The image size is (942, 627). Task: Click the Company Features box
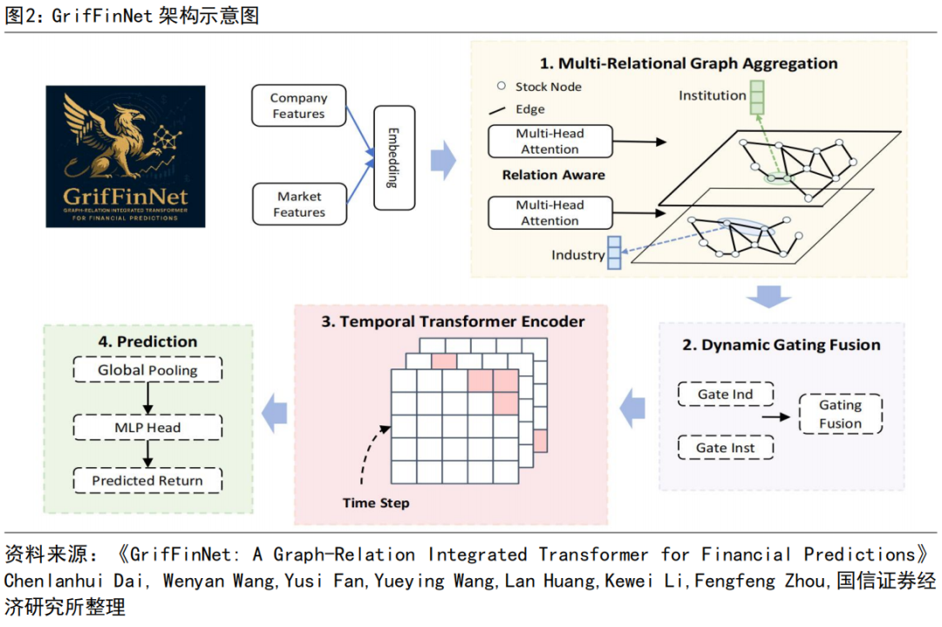click(298, 106)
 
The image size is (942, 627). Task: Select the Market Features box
click(298, 204)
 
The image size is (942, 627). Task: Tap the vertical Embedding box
click(393, 158)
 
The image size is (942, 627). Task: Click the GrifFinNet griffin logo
click(126, 156)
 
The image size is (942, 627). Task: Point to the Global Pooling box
click(147, 370)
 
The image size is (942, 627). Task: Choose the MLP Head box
click(147, 427)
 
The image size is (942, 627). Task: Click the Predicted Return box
click(147, 480)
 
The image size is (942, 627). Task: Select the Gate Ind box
click(725, 394)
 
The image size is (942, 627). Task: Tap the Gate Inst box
click(725, 448)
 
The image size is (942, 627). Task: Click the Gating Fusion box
click(840, 415)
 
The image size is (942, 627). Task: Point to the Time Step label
click(376, 503)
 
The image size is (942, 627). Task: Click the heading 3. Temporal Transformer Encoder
click(453, 321)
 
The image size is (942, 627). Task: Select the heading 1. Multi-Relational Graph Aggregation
click(688, 64)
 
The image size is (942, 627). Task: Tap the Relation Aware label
click(553, 175)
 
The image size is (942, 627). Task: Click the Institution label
click(713, 95)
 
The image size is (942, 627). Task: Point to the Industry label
click(577, 255)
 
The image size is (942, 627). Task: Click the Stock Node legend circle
click(502, 86)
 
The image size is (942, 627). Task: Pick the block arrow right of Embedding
click(444, 160)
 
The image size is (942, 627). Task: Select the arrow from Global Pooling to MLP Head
click(147, 399)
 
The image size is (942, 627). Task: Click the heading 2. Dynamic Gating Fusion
click(781, 345)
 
